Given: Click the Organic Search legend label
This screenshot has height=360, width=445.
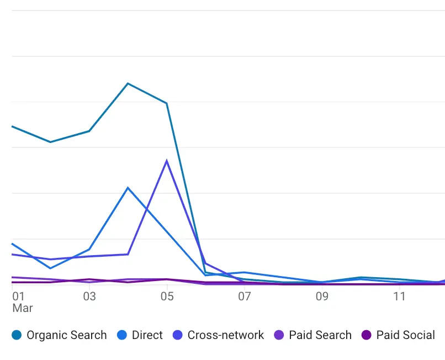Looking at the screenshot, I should pyautogui.click(x=66, y=335).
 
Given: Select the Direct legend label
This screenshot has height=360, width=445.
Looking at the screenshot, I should pyautogui.click(x=147, y=335).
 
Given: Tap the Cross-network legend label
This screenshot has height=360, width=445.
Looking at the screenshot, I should pyautogui.click(x=226, y=335).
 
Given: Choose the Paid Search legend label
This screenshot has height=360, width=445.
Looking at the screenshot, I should pyautogui.click(x=320, y=335).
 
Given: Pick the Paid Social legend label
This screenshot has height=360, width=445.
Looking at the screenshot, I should pyautogui.click(x=405, y=335).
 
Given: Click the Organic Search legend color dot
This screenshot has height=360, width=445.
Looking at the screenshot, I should pyautogui.click(x=17, y=335).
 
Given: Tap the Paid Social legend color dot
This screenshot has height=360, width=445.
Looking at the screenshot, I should pyautogui.click(x=366, y=335).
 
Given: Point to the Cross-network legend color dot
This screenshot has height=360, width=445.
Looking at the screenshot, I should pyautogui.click(x=177, y=335).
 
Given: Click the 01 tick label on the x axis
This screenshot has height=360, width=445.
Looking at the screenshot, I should pyautogui.click(x=18, y=297).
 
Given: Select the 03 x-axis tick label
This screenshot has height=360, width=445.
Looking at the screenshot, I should pyautogui.click(x=89, y=297).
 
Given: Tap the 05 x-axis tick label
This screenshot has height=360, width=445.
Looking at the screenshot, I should pyautogui.click(x=167, y=297).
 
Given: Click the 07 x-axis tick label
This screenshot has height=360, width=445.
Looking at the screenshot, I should pyautogui.click(x=245, y=297).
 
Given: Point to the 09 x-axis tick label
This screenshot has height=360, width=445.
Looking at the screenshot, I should pyautogui.click(x=322, y=297).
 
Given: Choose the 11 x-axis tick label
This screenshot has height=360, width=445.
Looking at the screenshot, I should pyautogui.click(x=399, y=297).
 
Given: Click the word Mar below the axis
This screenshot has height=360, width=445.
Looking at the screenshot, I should pyautogui.click(x=23, y=308).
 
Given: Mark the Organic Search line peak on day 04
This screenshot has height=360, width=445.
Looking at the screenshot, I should pyautogui.click(x=128, y=83).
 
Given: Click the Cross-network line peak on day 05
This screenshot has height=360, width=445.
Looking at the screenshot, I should pyautogui.click(x=167, y=161).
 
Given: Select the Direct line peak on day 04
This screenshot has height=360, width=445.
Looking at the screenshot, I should pyautogui.click(x=128, y=188).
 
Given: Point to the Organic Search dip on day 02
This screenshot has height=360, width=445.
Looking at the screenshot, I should pyautogui.click(x=51, y=142).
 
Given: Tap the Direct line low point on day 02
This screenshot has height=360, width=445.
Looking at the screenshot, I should pyautogui.click(x=51, y=268).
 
